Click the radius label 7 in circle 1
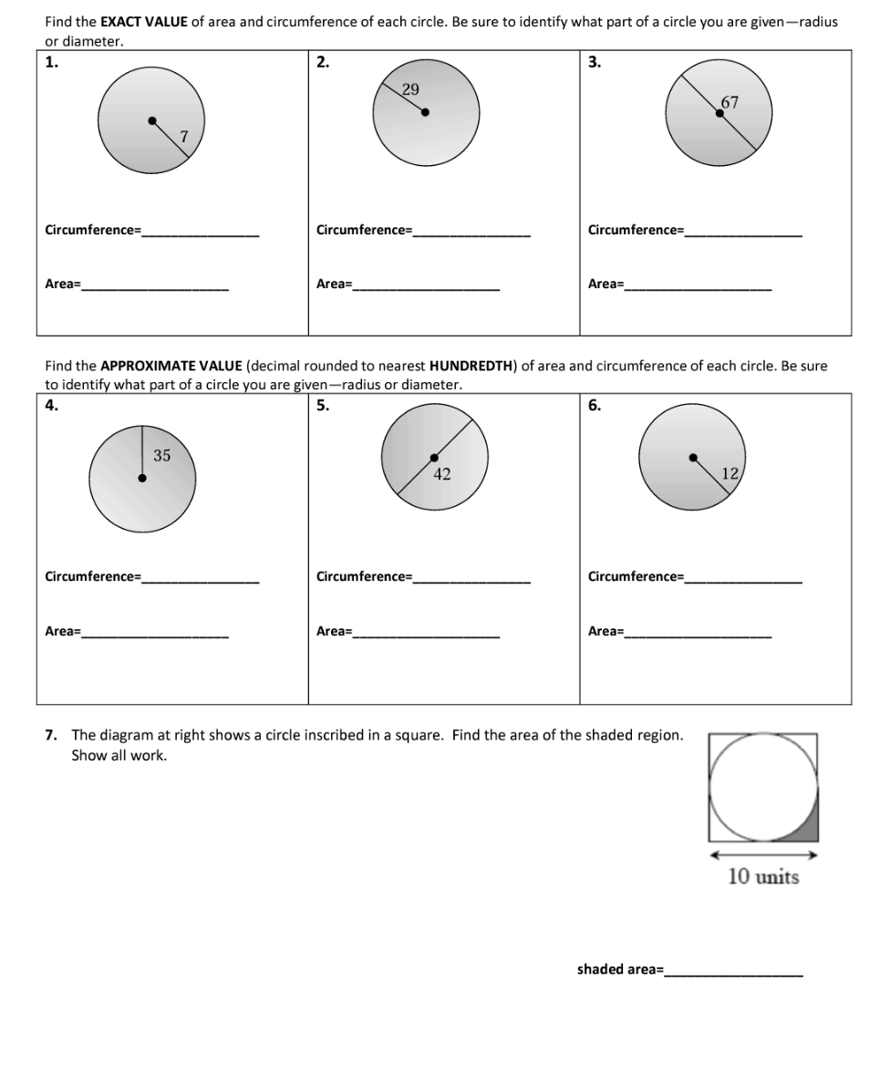(x=184, y=137)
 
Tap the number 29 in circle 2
(x=410, y=89)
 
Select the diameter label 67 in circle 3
(x=729, y=103)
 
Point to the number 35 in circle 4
(x=161, y=456)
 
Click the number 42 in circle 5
(x=442, y=473)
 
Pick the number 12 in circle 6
(x=730, y=472)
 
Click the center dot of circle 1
(x=152, y=119)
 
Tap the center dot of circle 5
(x=434, y=458)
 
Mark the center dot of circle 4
(x=141, y=476)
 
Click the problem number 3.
(x=595, y=62)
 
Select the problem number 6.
(x=595, y=407)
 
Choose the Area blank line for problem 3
(x=698, y=288)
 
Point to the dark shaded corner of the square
(x=808, y=829)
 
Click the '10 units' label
(x=763, y=877)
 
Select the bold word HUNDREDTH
(x=471, y=367)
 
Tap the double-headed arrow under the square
(x=763, y=855)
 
